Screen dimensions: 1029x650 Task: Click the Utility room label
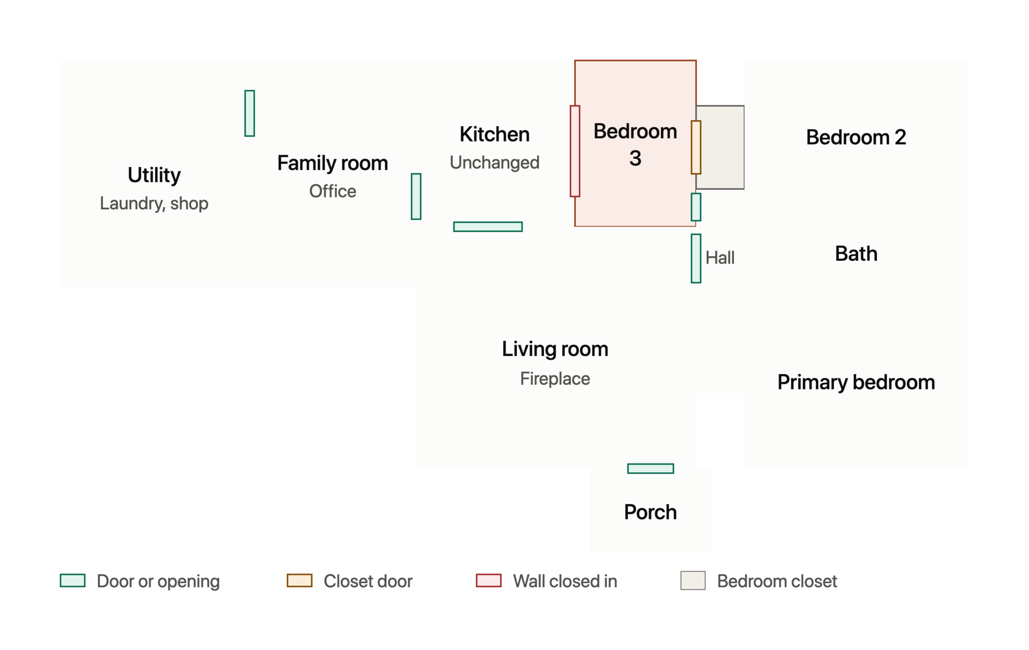click(x=154, y=175)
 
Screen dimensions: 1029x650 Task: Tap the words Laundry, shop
click(x=154, y=203)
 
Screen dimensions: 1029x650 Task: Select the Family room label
click(x=332, y=163)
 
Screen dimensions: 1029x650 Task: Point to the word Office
click(x=332, y=191)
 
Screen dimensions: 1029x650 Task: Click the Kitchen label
click(x=494, y=134)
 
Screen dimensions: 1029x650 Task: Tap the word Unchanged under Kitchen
click(x=494, y=162)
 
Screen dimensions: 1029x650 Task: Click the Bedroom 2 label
click(x=856, y=138)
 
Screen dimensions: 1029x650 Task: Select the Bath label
click(x=856, y=254)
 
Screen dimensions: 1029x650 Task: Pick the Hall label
click(x=720, y=258)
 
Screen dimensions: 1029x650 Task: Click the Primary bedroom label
click(x=856, y=382)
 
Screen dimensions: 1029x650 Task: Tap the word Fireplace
click(x=555, y=379)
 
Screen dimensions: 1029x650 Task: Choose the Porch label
click(x=650, y=512)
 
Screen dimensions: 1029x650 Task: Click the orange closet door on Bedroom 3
click(x=696, y=147)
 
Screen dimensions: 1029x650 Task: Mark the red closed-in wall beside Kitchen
click(x=575, y=151)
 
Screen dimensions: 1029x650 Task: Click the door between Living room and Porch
click(x=650, y=468)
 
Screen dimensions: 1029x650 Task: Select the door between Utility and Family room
click(x=249, y=113)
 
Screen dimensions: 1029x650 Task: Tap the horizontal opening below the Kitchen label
click(x=488, y=226)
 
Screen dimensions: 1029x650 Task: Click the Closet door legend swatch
click(x=299, y=580)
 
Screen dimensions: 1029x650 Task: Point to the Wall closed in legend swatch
click(x=488, y=580)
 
